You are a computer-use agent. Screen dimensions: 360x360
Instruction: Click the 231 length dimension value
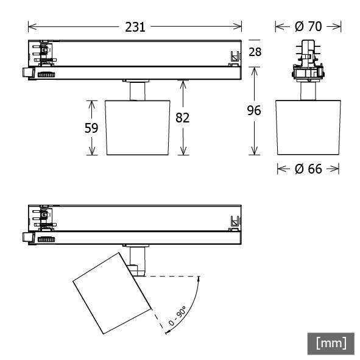[x=135, y=27]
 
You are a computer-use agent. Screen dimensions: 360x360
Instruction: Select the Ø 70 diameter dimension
[x=308, y=26]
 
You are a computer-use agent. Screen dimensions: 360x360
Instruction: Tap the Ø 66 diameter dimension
[x=308, y=169]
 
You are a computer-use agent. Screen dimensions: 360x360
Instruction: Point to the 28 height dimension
[x=255, y=52]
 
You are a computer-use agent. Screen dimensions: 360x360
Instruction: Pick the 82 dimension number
[x=183, y=118]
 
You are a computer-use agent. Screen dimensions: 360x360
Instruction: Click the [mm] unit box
[x=331, y=343]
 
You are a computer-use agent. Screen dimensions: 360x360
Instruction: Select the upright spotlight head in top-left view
[x=137, y=127]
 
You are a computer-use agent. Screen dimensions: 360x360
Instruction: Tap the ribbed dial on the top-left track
[x=46, y=74]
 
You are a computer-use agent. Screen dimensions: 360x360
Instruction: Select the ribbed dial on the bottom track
[x=46, y=240]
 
